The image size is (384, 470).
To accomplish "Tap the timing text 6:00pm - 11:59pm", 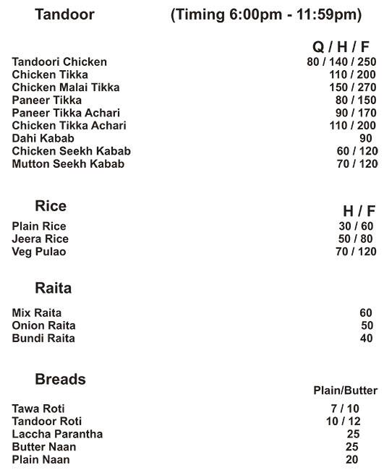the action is (x=266, y=15).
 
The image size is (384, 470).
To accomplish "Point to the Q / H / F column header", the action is (x=345, y=47).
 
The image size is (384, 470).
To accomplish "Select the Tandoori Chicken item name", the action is (x=59, y=62).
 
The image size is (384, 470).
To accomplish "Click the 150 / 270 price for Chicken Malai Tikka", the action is (x=351, y=87).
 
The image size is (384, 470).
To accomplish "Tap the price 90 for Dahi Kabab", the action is (x=365, y=138).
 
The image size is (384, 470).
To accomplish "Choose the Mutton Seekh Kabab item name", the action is (x=68, y=164).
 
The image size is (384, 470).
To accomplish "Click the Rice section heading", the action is (x=51, y=206).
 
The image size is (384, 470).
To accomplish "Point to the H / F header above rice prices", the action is (x=359, y=210).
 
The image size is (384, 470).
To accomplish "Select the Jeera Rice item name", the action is (x=40, y=239).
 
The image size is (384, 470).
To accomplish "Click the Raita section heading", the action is (x=53, y=289).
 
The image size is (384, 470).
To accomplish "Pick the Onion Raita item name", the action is (x=43, y=326).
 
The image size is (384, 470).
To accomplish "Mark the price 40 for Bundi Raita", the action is (x=366, y=338).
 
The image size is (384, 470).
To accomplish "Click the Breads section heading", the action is (x=60, y=380).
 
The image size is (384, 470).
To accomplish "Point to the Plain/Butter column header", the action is (x=345, y=390).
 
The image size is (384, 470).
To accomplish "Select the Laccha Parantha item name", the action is (x=57, y=435).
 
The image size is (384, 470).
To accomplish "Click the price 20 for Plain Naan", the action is (x=352, y=460).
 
